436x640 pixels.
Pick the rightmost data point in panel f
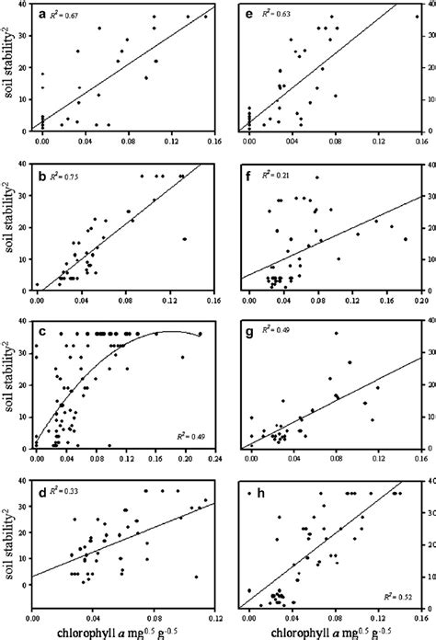pos(405,239)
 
